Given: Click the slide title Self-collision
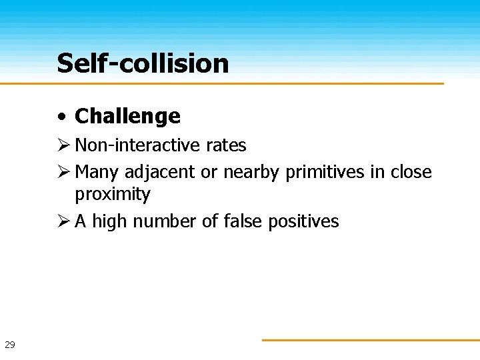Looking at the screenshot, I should coord(143,64).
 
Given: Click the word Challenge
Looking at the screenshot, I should coord(127,116).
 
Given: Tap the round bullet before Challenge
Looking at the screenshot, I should coord(61,117).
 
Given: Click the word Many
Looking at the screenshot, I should coord(97,172).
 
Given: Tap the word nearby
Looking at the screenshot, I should coord(252,172).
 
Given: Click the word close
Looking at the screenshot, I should coord(410,172).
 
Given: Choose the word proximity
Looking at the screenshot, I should coord(113,195).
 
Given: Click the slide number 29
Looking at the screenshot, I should coord(10,345).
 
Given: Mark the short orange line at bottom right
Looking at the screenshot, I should coord(370,340).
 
